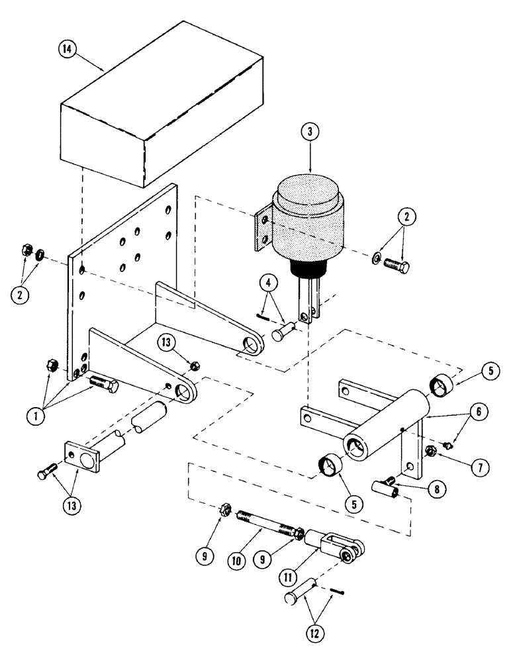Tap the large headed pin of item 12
[301, 594]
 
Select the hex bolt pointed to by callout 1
[101, 383]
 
